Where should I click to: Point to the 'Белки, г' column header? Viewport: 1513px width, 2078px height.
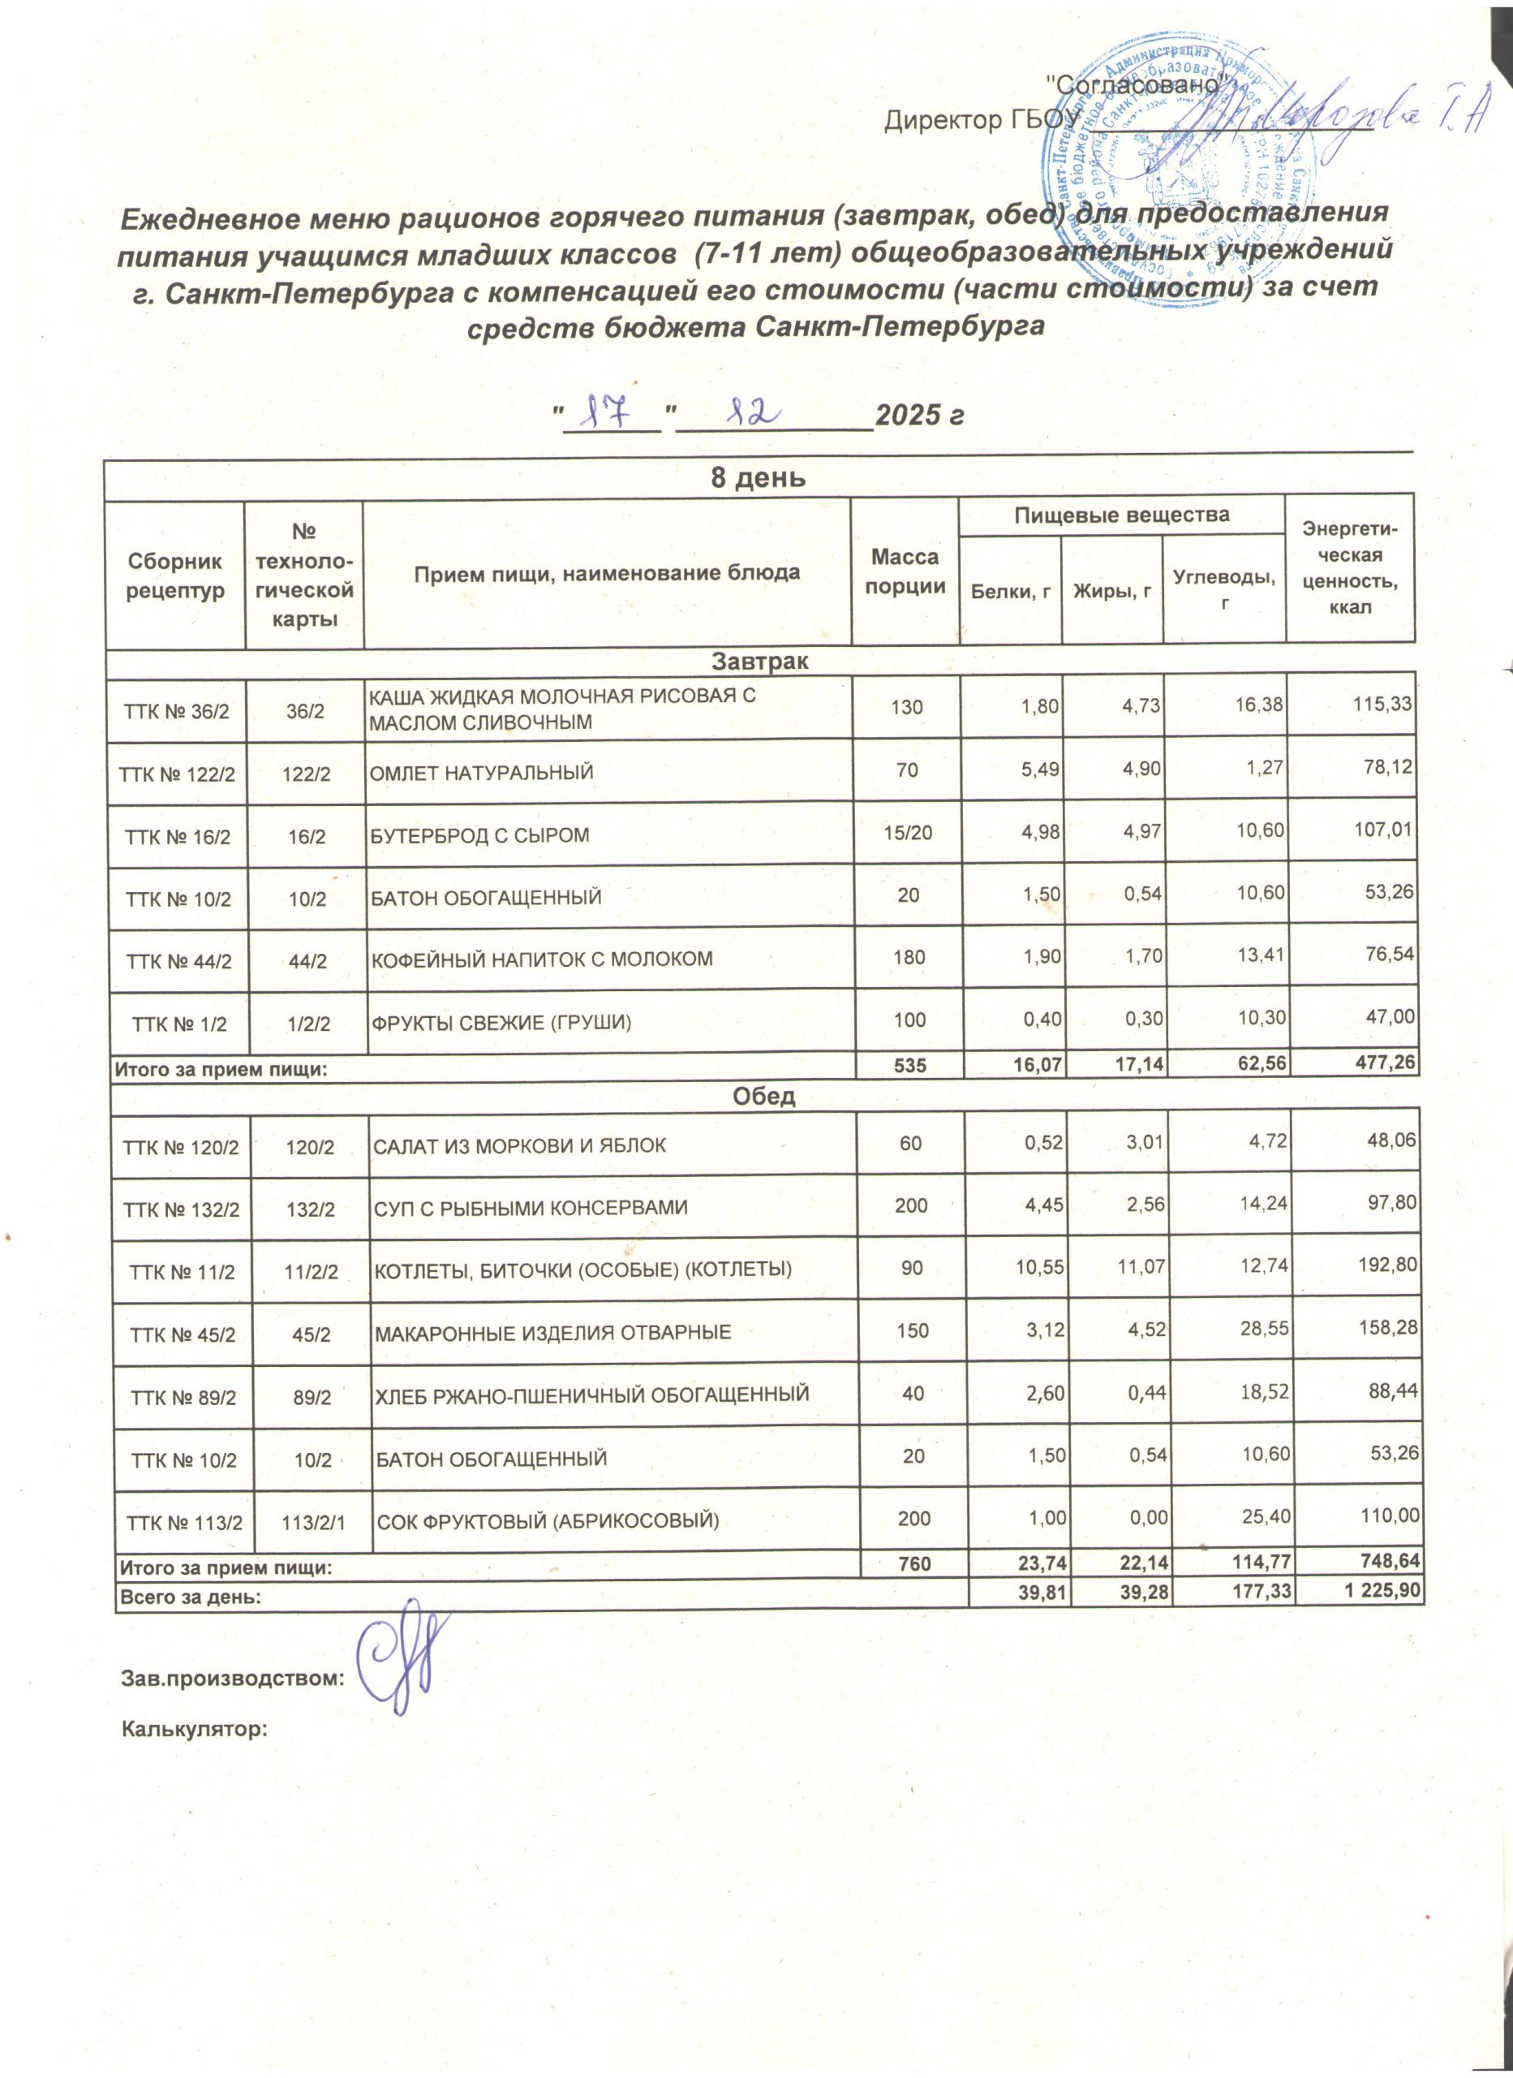(x=1009, y=592)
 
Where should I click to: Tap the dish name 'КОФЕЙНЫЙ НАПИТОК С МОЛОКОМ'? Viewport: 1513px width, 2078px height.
(x=540, y=959)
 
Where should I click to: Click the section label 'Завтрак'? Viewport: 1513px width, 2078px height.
(x=760, y=661)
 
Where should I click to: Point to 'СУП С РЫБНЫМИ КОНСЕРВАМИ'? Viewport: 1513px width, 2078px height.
(x=531, y=1208)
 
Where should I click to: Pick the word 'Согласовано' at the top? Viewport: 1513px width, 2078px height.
(x=1135, y=84)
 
